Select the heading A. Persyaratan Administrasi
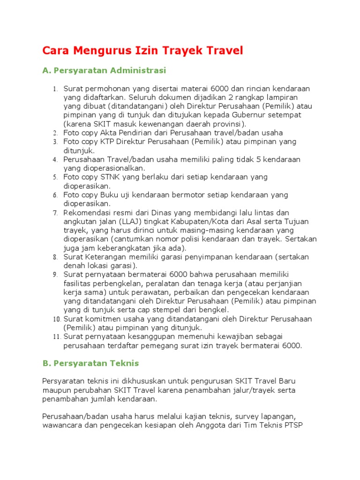[x=104, y=71]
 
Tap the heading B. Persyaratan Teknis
[x=90, y=363]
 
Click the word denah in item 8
[x=74, y=265]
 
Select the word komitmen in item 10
[x=102, y=319]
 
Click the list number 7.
[x=54, y=213]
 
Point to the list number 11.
[x=56, y=337]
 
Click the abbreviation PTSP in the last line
[x=293, y=425]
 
